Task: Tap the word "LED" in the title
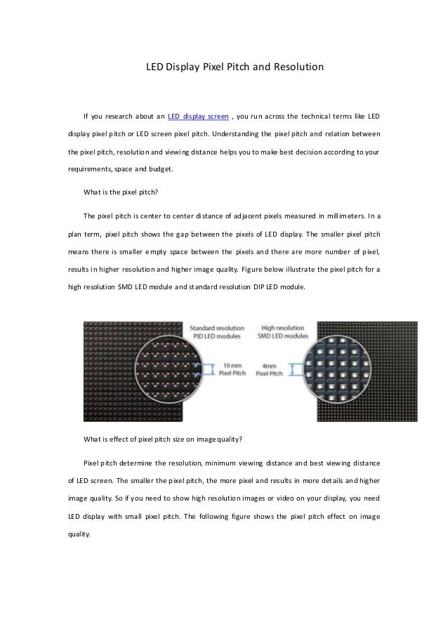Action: coord(153,68)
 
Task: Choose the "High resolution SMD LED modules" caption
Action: coord(284,331)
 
